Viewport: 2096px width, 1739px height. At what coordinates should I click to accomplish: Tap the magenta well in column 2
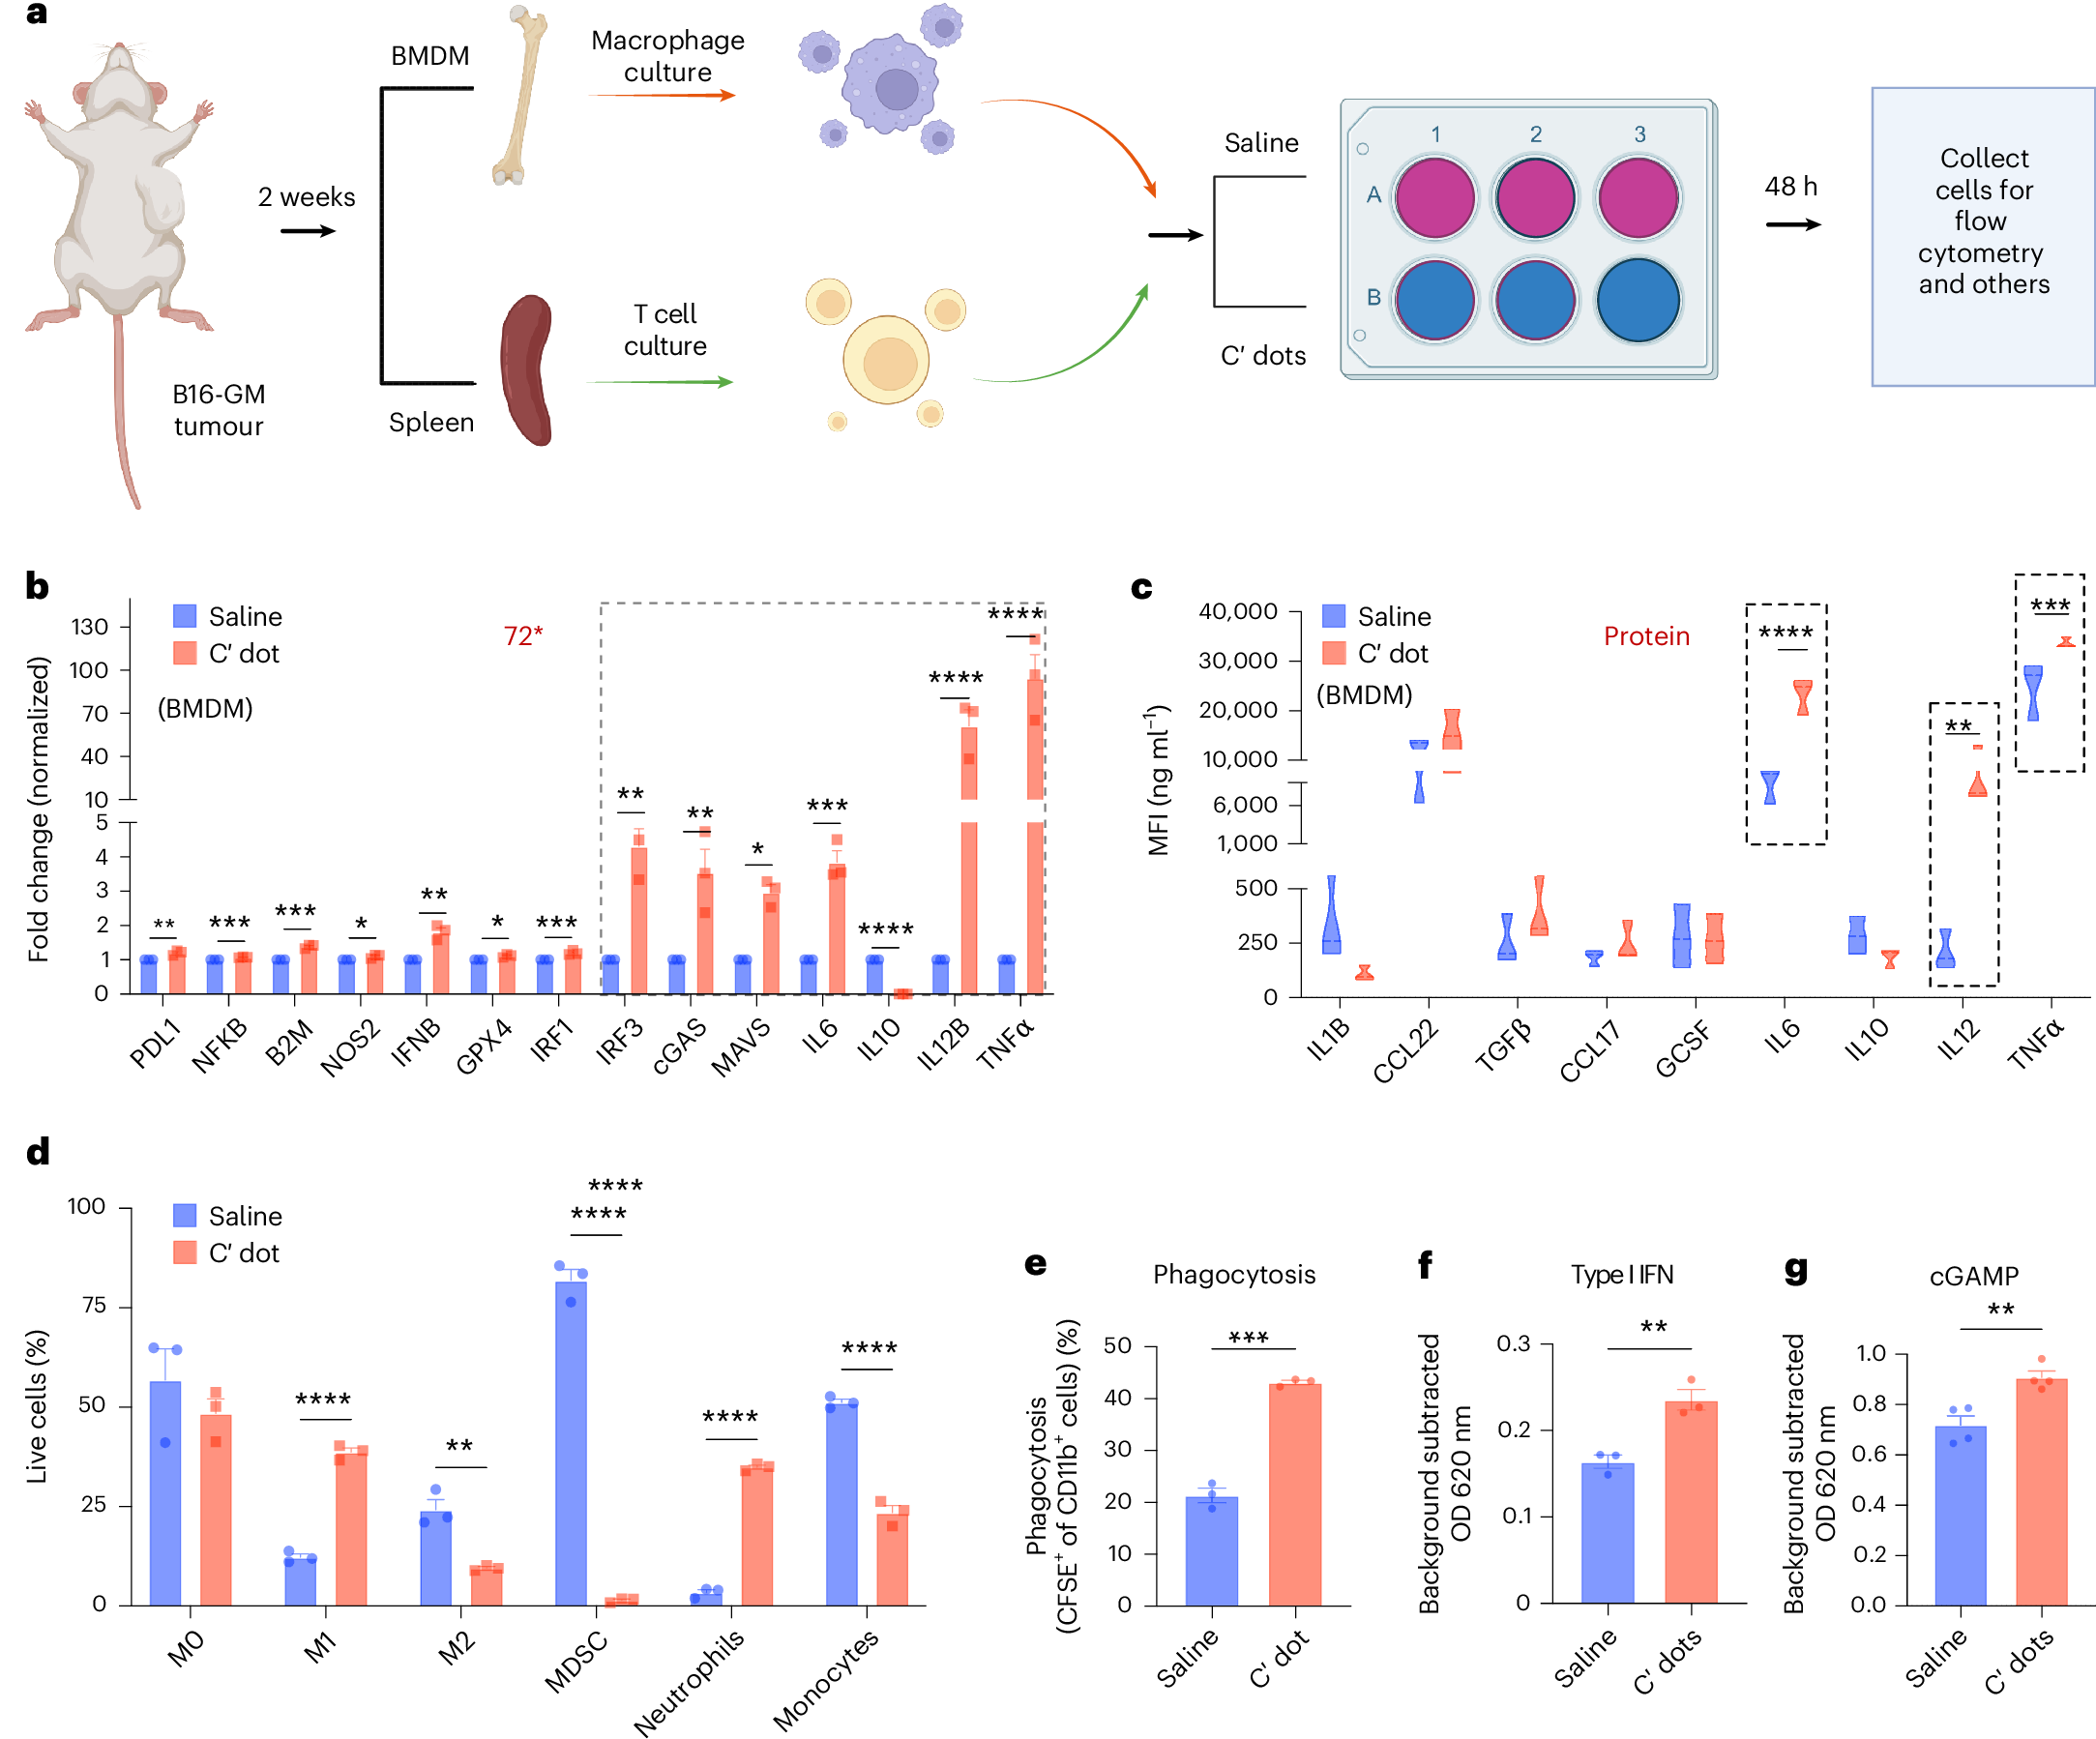1535,197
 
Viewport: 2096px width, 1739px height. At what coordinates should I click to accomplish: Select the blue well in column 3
1637,301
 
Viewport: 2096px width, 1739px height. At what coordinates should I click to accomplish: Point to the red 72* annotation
523,635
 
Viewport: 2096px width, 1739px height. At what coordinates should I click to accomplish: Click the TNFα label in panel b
1005,1045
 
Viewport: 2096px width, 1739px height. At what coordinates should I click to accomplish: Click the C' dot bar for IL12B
968,859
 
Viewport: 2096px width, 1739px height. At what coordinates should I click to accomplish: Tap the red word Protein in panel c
1646,635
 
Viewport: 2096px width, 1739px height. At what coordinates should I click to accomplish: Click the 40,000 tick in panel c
1238,611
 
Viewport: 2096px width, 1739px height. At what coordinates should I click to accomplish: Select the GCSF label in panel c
1683,1048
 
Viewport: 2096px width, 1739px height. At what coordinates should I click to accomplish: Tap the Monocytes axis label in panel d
826,1679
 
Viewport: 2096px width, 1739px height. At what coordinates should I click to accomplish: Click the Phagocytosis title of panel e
1233,1275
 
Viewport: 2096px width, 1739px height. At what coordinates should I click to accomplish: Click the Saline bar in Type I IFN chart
1607,1532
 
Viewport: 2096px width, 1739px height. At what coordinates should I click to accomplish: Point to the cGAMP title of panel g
1973,1276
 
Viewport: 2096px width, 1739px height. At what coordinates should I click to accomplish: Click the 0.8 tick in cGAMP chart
1869,1403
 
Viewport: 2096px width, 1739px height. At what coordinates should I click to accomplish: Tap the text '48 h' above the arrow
1790,187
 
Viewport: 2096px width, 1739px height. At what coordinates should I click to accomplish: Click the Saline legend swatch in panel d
185,1215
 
